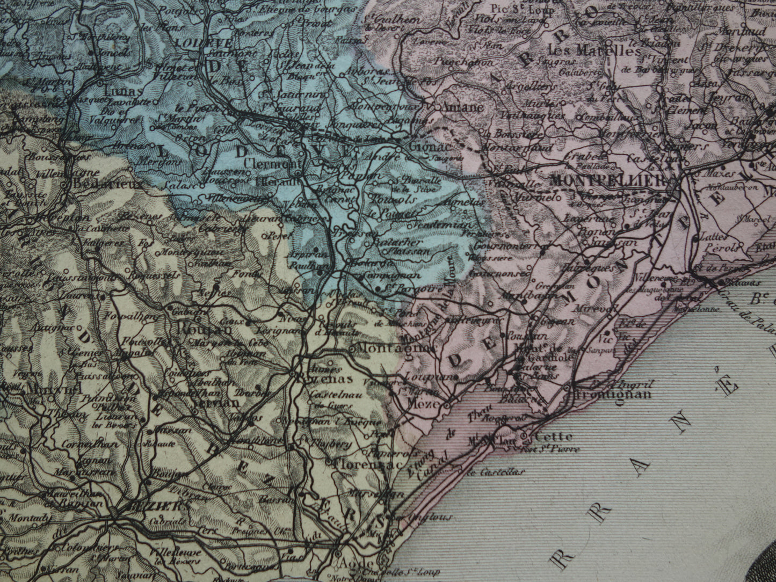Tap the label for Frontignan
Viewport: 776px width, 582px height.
click(x=613, y=394)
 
